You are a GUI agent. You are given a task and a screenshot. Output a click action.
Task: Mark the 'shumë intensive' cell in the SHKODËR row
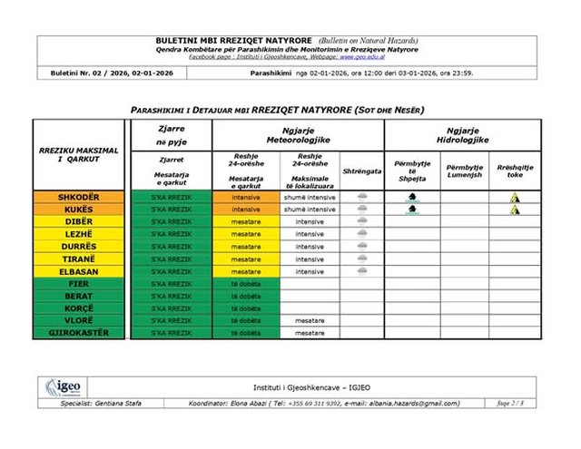pyautogui.click(x=309, y=197)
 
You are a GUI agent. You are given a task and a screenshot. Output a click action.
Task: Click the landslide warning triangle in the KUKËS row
pyautogui.click(x=515, y=210)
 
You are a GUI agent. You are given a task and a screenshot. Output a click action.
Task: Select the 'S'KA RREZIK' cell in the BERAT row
pyautogui.click(x=172, y=296)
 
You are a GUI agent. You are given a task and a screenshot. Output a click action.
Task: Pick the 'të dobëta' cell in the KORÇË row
pyautogui.click(x=245, y=308)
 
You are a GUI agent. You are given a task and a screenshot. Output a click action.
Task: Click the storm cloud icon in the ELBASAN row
pyautogui.click(x=362, y=271)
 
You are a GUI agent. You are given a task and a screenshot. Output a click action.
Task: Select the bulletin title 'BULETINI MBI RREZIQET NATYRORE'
pyautogui.click(x=234, y=42)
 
